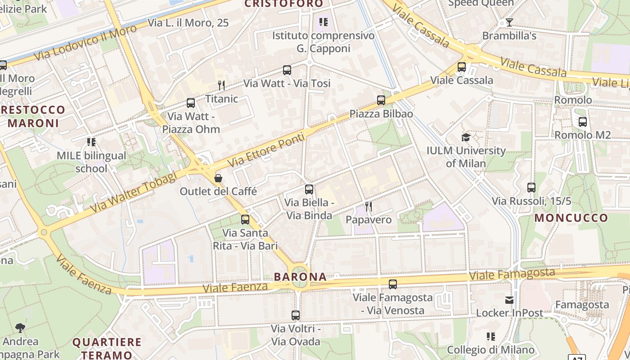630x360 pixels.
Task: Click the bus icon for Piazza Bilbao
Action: pos(381,100)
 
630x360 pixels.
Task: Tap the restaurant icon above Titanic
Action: pos(221,85)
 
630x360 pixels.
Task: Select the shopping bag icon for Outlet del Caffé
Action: pos(218,178)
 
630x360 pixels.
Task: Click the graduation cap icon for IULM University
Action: pos(466,137)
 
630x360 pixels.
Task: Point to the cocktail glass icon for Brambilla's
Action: pos(509,22)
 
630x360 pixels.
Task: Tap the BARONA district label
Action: pos(301,277)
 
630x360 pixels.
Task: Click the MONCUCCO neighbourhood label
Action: pos(571,218)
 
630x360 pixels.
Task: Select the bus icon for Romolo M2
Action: pos(582,121)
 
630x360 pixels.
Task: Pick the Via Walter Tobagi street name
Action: pos(133,193)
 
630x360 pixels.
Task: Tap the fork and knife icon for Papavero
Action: pos(369,207)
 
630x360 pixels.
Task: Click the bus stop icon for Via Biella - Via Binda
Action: pos(309,189)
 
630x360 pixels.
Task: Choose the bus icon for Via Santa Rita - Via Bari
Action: pos(245,220)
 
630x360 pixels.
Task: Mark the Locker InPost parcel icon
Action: pos(509,300)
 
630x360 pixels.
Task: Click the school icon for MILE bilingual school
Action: pos(91,143)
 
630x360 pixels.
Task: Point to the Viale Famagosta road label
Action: pos(512,274)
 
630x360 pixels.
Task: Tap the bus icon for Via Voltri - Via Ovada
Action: pos(295,315)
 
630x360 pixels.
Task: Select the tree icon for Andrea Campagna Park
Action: pos(20,328)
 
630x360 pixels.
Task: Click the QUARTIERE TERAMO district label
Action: pos(107,348)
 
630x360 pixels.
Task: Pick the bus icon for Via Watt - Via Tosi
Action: pos(287,70)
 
